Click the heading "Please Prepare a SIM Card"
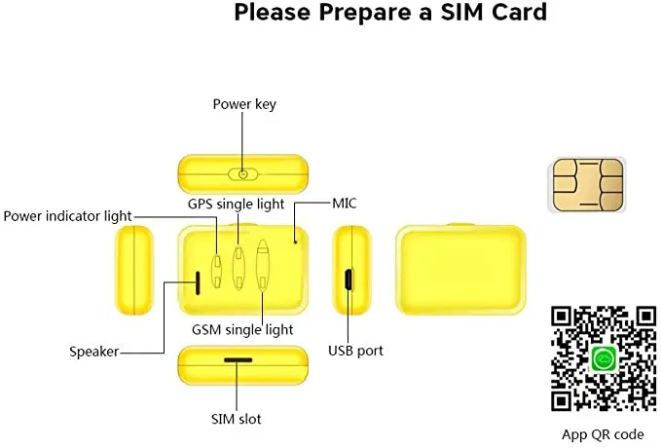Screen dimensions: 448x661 (390, 14)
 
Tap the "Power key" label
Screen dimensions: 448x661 (242, 103)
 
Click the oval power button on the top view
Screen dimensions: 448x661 (243, 173)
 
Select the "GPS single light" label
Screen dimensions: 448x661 (237, 205)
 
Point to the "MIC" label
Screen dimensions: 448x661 (346, 205)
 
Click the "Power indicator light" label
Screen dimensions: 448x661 (67, 215)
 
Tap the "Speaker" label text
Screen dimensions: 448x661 (93, 351)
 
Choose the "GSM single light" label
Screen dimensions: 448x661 (242, 330)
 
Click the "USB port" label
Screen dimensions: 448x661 (355, 350)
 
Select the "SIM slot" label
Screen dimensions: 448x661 (237, 419)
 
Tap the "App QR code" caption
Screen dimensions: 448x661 (603, 434)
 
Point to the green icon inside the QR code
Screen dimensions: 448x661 (603, 357)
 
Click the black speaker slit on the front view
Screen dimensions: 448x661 (199, 282)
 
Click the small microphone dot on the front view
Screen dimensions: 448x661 (297, 242)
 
